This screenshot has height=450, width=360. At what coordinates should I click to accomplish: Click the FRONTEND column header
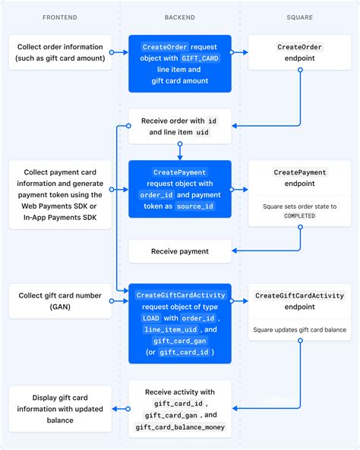coord(59,16)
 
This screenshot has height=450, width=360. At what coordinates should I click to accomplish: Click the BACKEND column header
coord(179,16)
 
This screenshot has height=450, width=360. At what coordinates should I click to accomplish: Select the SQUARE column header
coord(299,16)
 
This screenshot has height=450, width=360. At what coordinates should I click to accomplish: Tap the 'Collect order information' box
coord(60,52)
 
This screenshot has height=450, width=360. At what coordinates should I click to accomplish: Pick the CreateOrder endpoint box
coord(299,52)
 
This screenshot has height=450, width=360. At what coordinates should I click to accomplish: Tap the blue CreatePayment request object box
coord(179,189)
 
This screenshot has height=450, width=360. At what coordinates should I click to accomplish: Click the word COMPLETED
coord(299,216)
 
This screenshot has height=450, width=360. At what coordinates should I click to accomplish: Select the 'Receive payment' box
coord(179,251)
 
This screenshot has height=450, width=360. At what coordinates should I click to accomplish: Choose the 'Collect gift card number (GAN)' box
coord(60,301)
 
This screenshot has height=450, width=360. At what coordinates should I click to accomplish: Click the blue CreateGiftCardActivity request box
coord(179,323)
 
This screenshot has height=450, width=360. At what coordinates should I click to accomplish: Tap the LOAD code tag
coord(150,319)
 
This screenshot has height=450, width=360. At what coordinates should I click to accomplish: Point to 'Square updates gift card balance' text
coord(299,330)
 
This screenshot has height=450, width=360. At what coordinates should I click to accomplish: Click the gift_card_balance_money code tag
coord(180,427)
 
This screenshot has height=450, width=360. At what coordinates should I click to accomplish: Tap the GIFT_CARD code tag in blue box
coord(201,58)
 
